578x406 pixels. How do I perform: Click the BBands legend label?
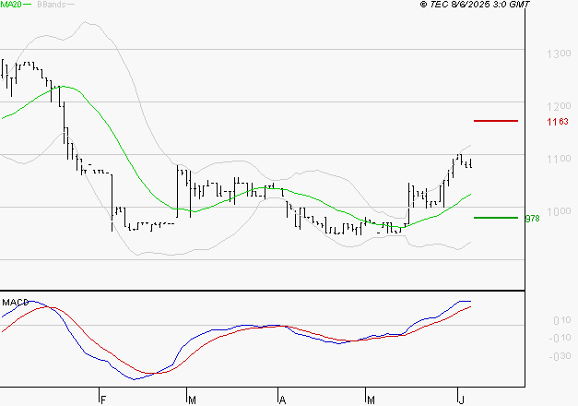[x=51, y=5]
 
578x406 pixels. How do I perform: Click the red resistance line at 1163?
[x=495, y=121]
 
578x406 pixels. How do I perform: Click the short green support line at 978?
[x=495, y=218]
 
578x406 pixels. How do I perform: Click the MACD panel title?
[x=14, y=302]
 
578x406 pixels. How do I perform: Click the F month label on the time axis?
[x=102, y=399]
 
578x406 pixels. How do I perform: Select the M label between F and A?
[x=192, y=399]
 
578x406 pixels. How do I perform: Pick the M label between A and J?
[x=371, y=399]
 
